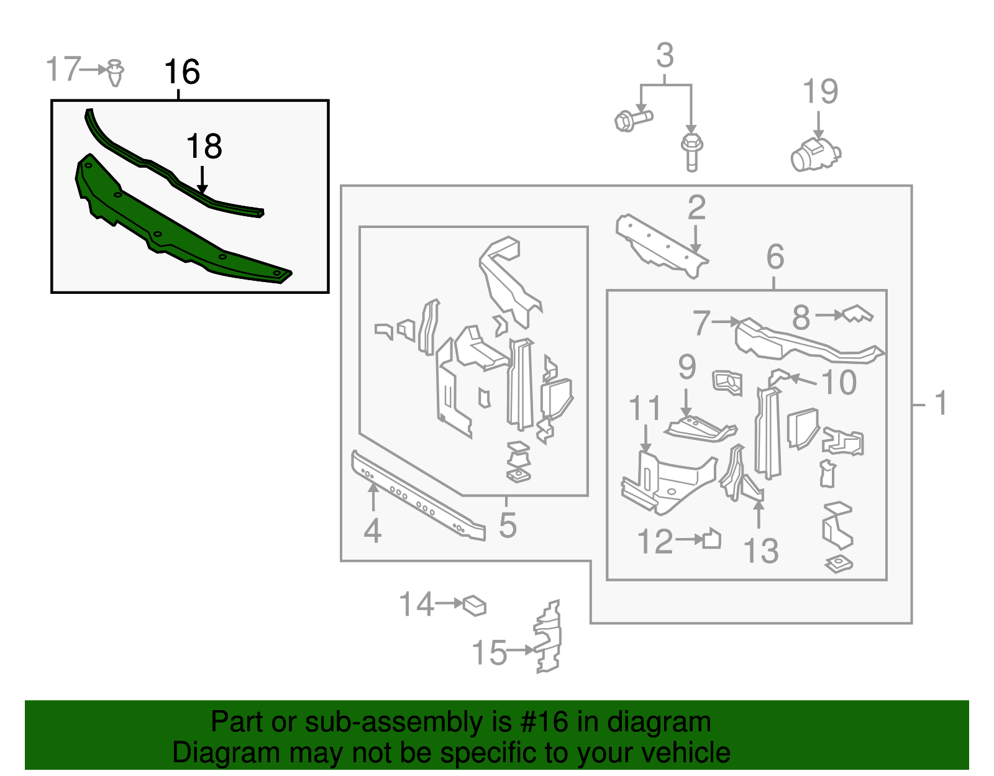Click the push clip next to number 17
point(115,73)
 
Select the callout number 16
point(181,72)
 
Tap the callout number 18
point(204,147)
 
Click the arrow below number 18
point(202,180)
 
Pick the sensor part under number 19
point(816,154)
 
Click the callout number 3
point(665,55)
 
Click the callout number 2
point(696,207)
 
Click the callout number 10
point(839,382)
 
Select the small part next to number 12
point(711,538)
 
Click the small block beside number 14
point(475,606)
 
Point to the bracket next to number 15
point(547,637)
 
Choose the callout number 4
point(372,531)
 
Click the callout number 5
point(508,525)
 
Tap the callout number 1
point(940,403)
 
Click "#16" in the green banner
point(544,723)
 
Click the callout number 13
point(760,550)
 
